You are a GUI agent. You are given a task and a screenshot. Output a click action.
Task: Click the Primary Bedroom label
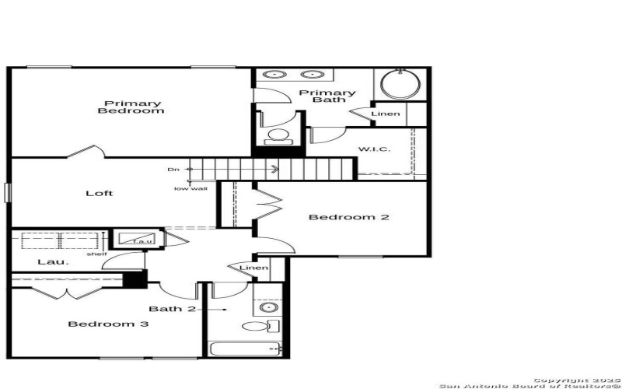click(131, 107)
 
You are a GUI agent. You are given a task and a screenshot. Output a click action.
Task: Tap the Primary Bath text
click(334, 96)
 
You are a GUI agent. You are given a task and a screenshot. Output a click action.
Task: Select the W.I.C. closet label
click(373, 149)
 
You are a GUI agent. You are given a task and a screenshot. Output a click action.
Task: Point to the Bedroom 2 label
click(348, 217)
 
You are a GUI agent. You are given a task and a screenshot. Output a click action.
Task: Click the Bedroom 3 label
click(108, 324)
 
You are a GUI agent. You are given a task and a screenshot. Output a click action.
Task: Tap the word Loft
click(99, 193)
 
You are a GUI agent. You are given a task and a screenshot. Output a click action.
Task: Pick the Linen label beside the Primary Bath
click(386, 114)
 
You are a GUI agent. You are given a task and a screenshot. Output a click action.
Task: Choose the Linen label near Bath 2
click(253, 268)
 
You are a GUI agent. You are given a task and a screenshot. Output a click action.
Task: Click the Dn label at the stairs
click(173, 169)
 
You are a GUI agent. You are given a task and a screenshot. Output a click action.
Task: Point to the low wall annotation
click(190, 188)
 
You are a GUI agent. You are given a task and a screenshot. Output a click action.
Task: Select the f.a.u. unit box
click(137, 240)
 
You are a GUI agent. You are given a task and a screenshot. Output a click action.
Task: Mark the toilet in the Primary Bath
click(277, 138)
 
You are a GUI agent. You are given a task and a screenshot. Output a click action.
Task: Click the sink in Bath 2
click(269, 308)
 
